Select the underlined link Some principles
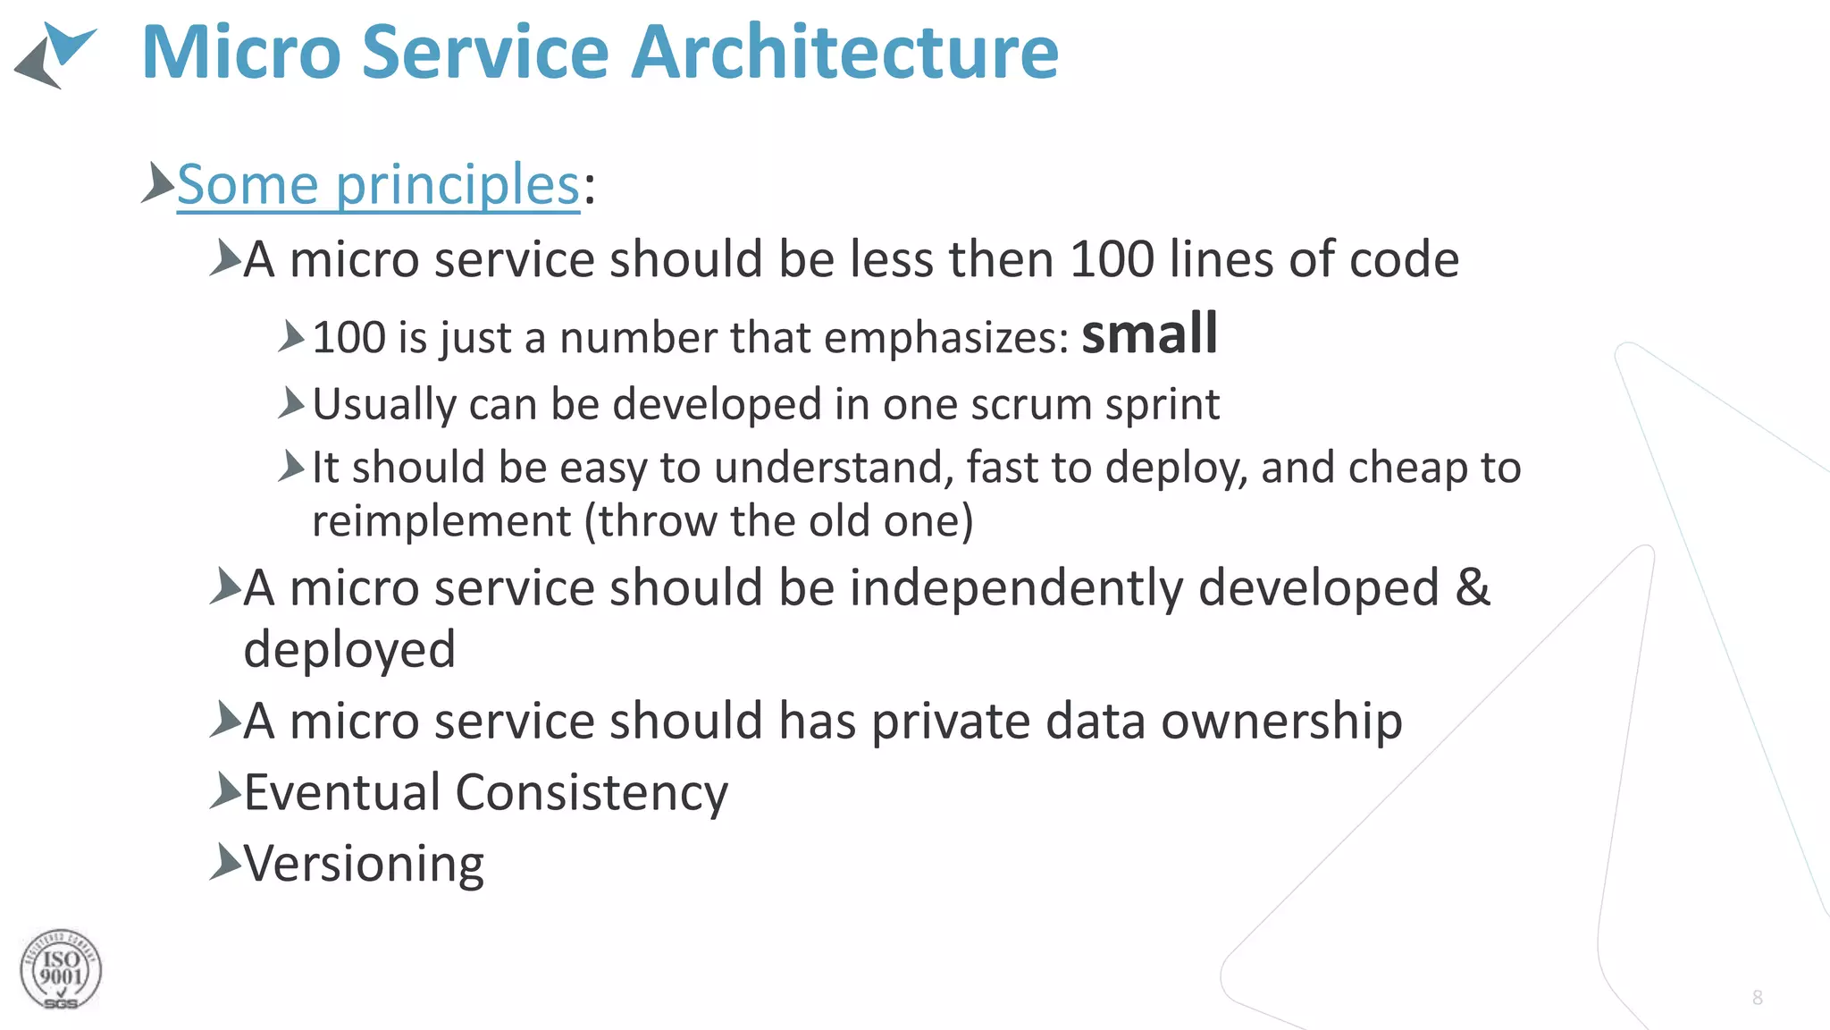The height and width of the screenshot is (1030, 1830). pos(379,185)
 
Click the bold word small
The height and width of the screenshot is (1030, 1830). pos(1149,333)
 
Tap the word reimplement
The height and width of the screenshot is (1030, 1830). pos(441,521)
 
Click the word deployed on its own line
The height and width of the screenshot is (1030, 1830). pos(349,649)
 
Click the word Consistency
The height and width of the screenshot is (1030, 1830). pos(592,793)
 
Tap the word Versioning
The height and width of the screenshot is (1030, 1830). pos(364,865)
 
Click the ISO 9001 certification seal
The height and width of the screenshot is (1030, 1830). pos(60,970)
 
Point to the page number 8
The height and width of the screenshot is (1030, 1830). pos(1757,998)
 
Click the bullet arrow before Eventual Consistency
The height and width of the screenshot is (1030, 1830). pos(225,790)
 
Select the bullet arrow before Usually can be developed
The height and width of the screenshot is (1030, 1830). pos(291,403)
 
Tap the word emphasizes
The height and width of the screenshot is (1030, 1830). pos(945,338)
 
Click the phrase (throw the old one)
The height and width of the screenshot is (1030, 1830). pos(779,521)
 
